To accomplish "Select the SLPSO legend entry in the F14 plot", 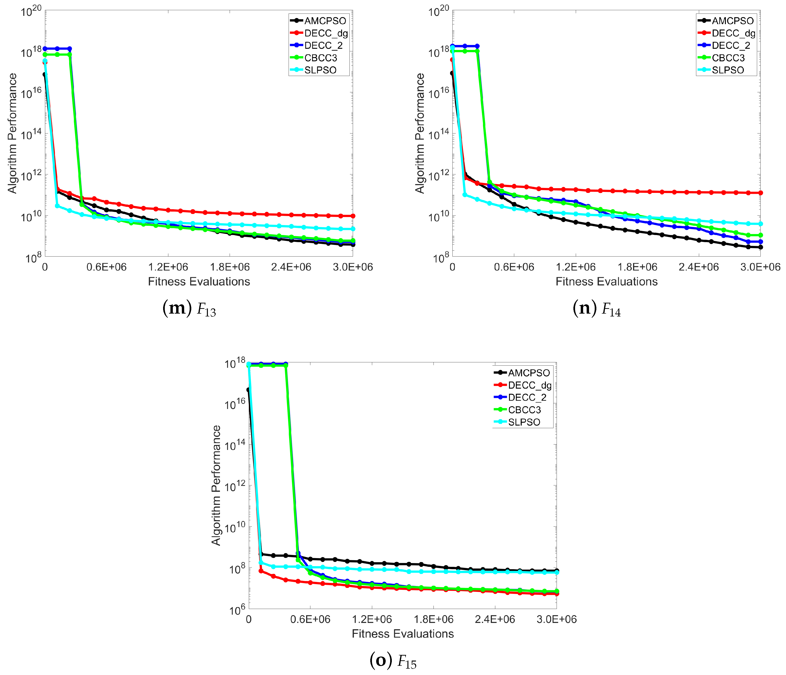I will tap(728, 70).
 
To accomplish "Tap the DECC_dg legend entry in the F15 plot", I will tap(529, 385).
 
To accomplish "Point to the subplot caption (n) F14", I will tap(596, 309).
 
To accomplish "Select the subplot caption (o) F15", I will tap(393, 661).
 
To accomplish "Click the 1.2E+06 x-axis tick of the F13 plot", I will tap(168, 267).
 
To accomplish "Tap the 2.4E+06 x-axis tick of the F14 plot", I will tap(698, 267).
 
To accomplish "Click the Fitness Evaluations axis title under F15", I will tap(402, 634).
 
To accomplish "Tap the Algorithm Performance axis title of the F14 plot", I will tap(420, 133).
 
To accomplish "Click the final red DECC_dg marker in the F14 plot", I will tap(760, 193).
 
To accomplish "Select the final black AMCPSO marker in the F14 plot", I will tap(760, 247).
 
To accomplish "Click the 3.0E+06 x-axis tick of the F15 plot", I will tap(556, 619).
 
